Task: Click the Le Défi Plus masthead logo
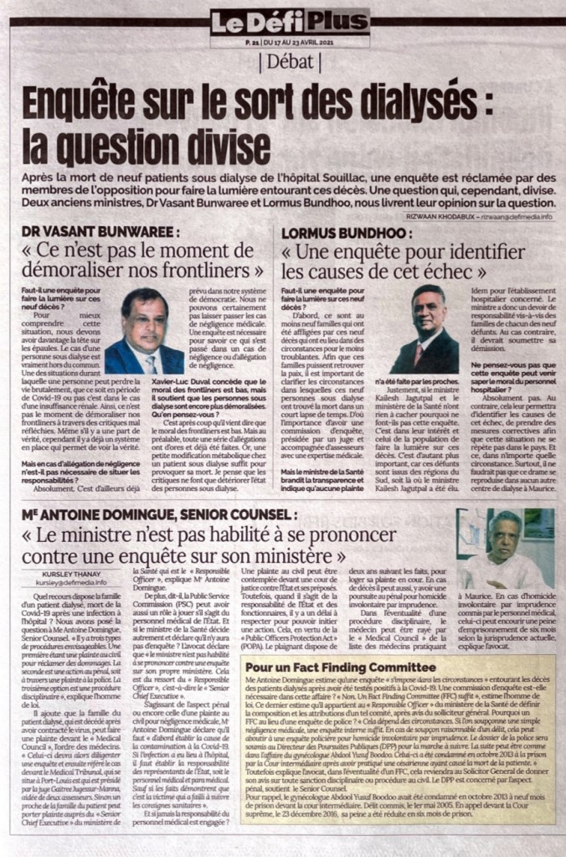click(289, 23)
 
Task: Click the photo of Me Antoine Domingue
click(505, 548)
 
